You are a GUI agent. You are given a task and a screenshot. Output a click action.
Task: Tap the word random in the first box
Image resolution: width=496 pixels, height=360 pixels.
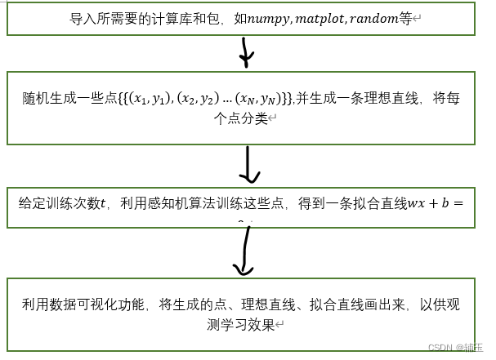[x=373, y=18]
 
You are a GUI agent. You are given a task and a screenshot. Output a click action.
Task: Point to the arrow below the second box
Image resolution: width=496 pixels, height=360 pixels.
[x=247, y=167]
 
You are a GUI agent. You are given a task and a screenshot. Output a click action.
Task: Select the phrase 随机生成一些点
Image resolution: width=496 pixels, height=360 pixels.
[x=67, y=99]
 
